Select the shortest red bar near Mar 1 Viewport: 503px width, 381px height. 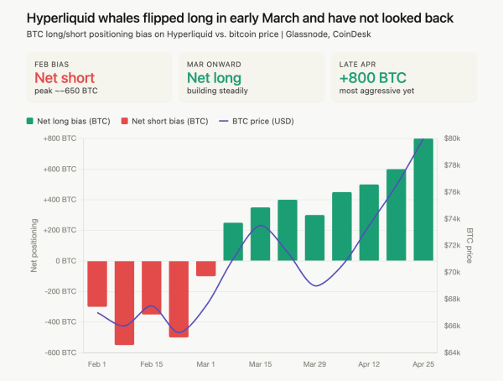pos(205,269)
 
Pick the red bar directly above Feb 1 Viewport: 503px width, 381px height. pos(97,284)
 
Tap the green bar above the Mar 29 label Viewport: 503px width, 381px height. pos(314,238)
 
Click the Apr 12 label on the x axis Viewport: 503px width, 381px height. pos(369,365)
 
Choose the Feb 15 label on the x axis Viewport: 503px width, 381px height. pos(152,365)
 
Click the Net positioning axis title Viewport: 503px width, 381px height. pos(34,246)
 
